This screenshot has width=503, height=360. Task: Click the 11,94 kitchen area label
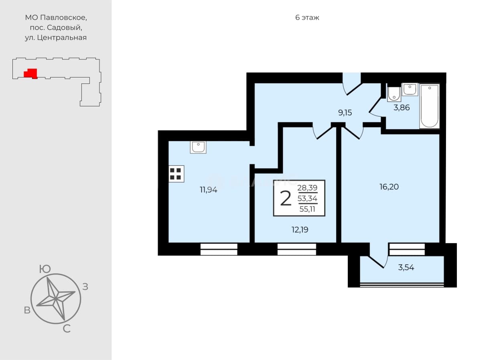[209, 190]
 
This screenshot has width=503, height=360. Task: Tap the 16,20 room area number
[389, 187]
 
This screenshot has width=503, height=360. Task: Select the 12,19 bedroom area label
[300, 230]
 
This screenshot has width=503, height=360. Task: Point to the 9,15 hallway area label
[345, 113]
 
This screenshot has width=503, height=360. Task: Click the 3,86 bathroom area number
[402, 108]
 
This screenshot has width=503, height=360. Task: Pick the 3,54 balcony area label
[406, 267]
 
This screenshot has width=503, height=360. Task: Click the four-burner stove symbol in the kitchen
[176, 174]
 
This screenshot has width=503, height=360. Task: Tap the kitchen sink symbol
[198, 147]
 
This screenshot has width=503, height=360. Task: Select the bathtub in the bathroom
[429, 106]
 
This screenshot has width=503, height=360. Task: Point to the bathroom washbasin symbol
[410, 89]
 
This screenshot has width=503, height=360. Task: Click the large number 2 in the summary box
[286, 198]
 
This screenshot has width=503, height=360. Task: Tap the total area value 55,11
[307, 209]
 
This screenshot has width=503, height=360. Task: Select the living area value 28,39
[307, 188]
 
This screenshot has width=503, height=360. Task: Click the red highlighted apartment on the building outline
[30, 73]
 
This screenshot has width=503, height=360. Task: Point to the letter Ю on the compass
[45, 269]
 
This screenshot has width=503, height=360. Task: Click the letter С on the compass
[67, 329]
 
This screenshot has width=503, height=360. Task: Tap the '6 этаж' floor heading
[307, 18]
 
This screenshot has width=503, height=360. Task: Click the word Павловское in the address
[63, 18]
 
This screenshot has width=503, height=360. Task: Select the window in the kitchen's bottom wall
[219, 250]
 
